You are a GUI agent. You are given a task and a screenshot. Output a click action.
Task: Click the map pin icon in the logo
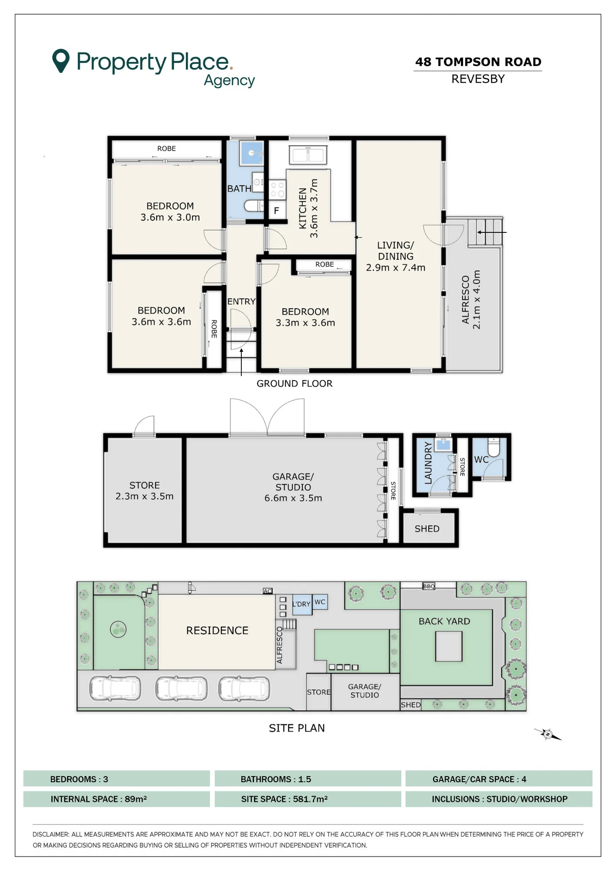tap(61, 60)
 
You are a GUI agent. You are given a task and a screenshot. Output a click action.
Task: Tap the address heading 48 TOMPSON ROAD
tap(478, 62)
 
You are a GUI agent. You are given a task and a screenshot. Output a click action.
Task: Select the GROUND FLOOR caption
tap(294, 384)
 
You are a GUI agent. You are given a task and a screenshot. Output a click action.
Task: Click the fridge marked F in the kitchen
tap(277, 211)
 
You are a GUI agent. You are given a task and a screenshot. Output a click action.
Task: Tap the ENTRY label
tap(241, 302)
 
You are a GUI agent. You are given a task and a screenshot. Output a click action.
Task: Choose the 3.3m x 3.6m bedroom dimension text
tap(305, 323)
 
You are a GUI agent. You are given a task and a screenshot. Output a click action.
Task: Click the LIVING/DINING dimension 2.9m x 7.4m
tap(396, 268)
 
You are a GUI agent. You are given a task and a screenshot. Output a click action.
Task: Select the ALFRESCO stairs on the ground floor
tap(485, 232)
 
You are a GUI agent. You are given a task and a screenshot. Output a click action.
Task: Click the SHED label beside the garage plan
tap(427, 529)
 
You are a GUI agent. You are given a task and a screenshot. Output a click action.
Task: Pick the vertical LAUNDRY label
tap(428, 463)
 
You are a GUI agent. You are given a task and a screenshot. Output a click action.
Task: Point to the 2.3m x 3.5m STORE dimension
tap(145, 496)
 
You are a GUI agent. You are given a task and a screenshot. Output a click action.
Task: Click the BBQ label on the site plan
tap(429, 586)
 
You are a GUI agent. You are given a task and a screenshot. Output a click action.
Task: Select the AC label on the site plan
tap(267, 591)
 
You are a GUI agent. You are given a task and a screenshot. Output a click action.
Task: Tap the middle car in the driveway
tap(181, 688)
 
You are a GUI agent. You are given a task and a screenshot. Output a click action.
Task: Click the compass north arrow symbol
tap(548, 734)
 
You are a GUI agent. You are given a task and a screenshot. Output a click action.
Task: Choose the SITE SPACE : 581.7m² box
tap(308, 799)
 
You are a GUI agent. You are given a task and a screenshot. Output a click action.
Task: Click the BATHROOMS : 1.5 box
tap(308, 779)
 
